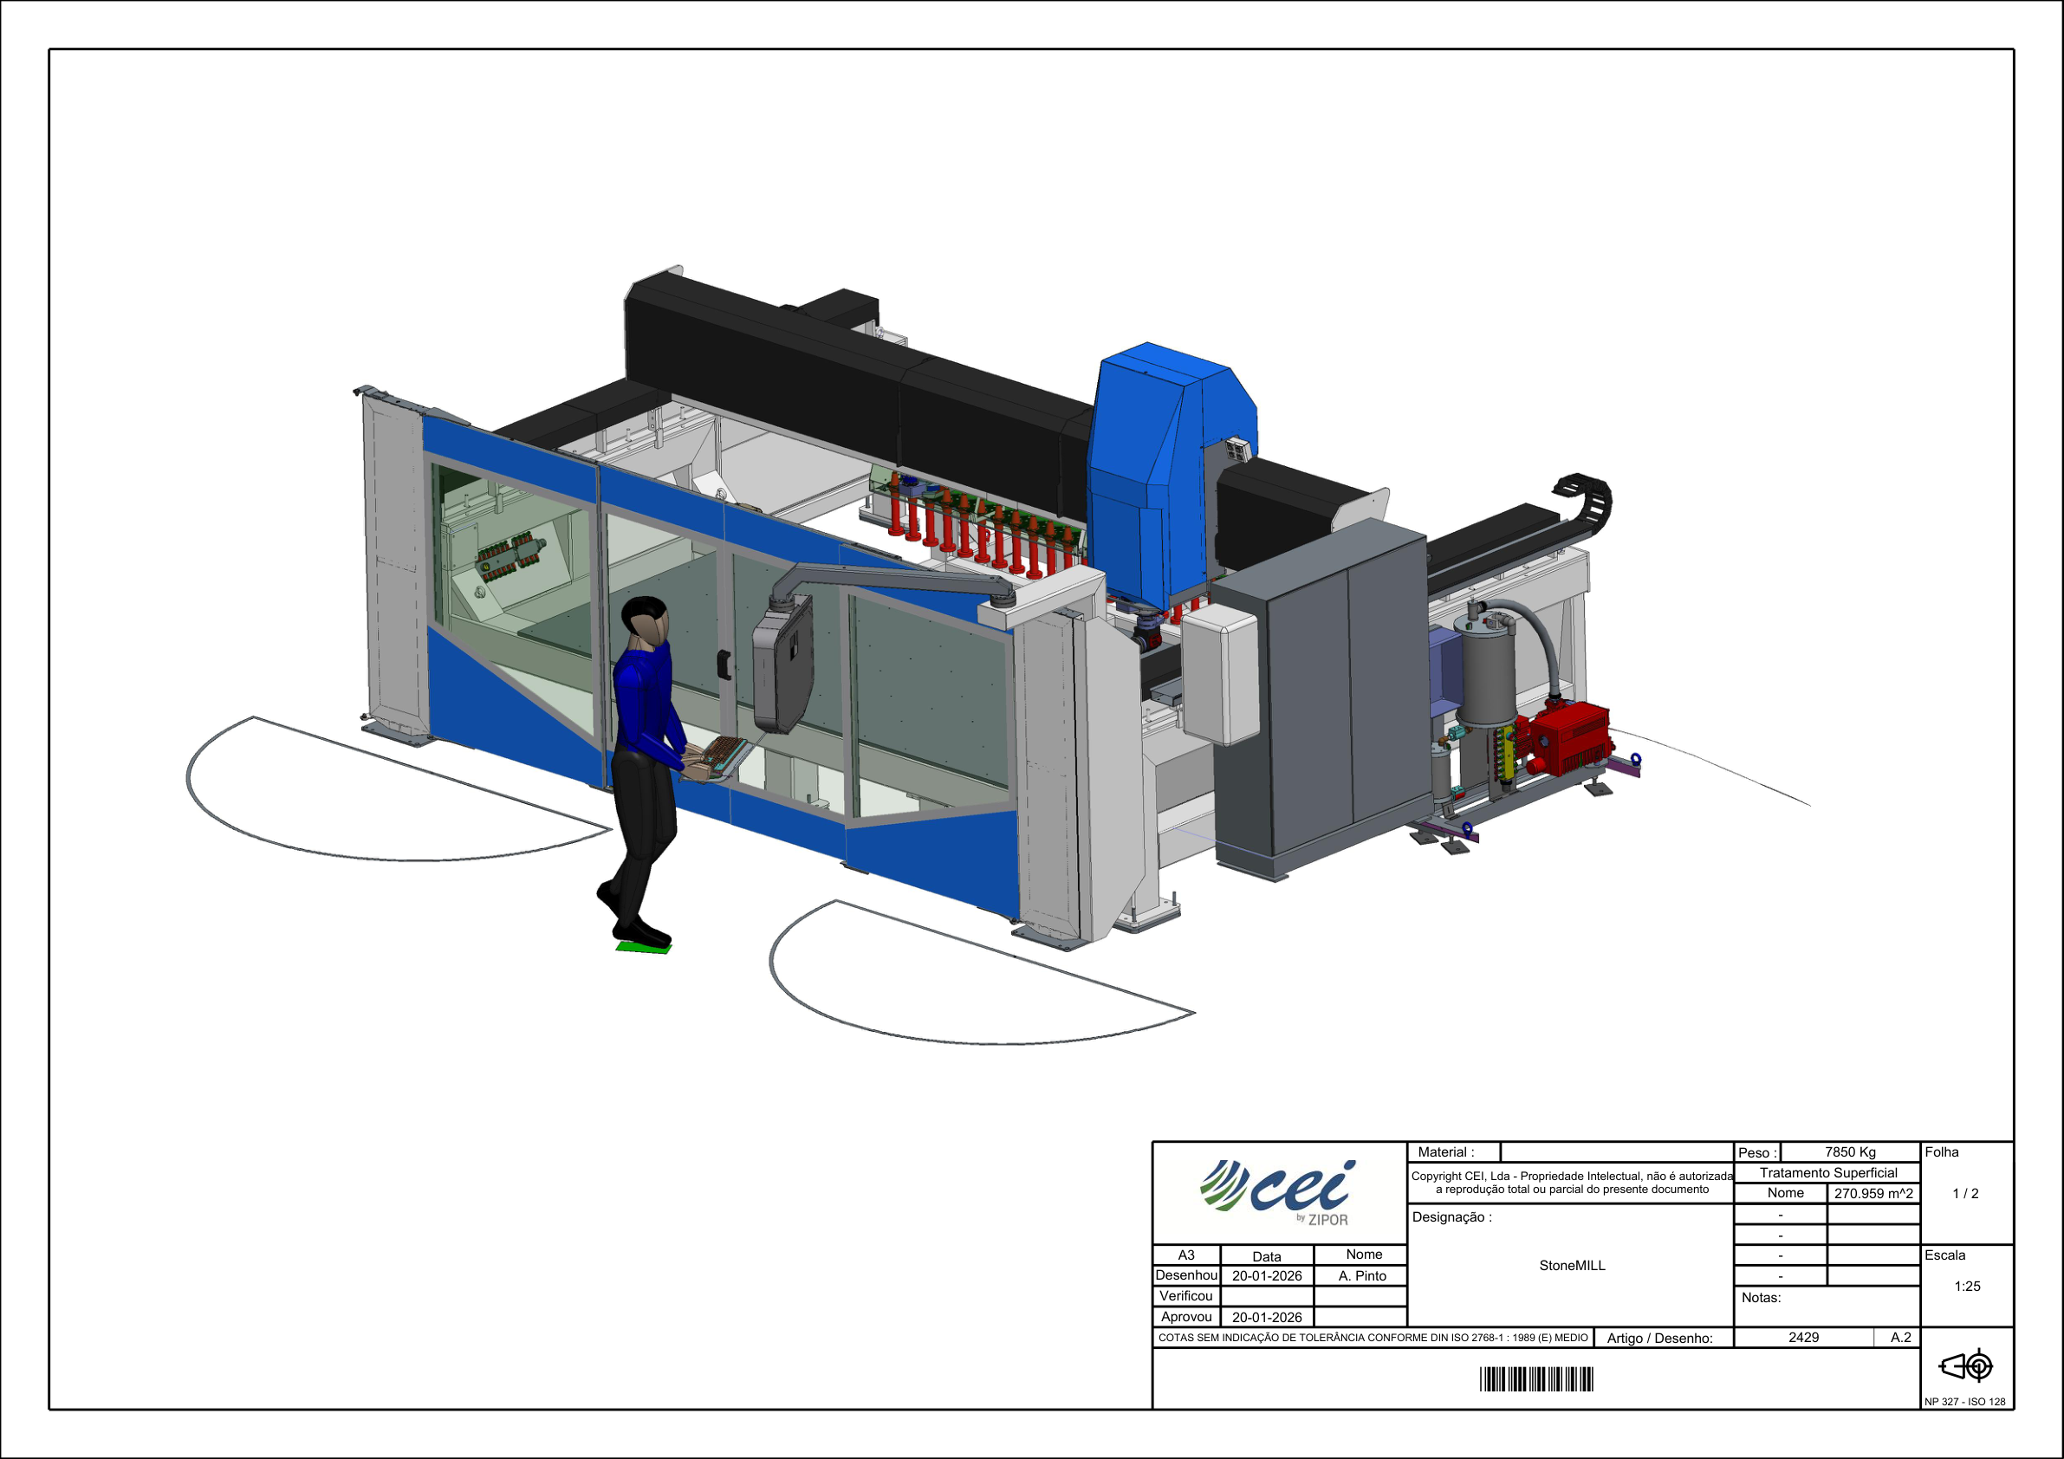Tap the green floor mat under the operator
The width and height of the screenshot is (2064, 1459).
pos(644,947)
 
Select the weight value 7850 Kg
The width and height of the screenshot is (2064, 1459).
pos(1850,1151)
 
